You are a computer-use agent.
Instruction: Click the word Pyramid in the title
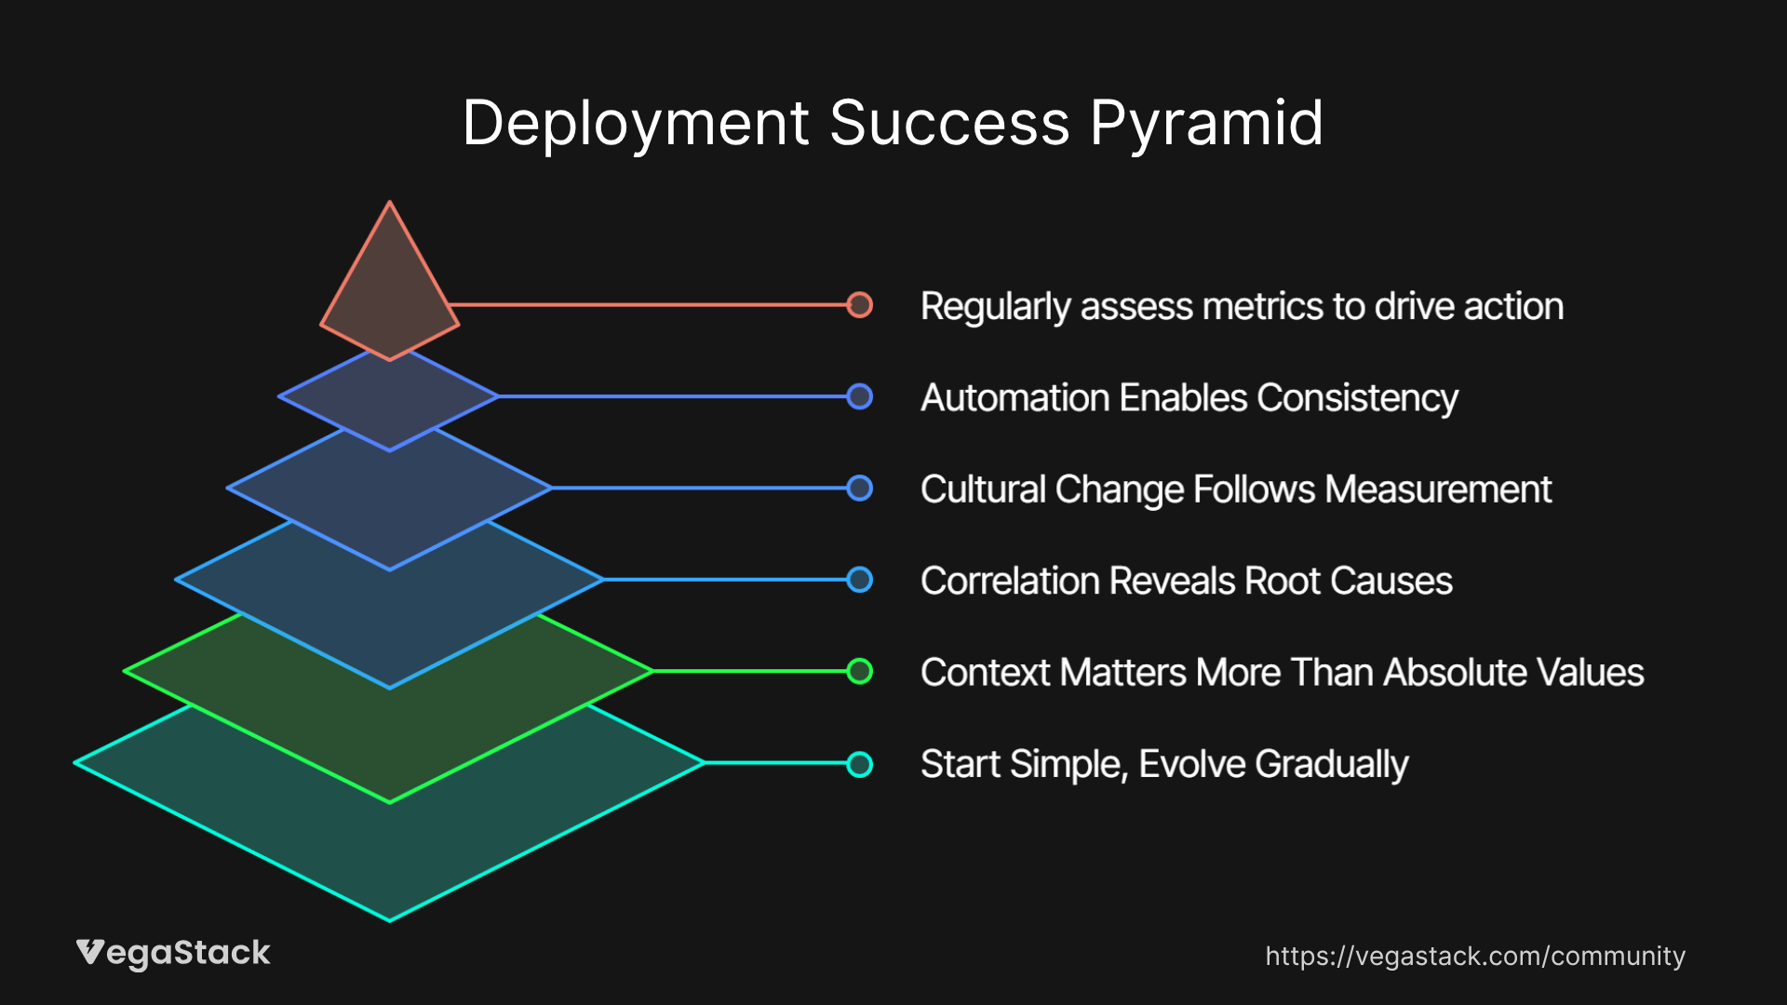coord(1206,124)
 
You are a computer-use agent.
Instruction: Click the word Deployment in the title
coord(635,124)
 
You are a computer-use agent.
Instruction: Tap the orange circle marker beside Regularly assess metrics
coord(860,304)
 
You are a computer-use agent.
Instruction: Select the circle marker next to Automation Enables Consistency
coord(860,396)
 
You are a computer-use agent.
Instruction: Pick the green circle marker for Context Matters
coord(860,671)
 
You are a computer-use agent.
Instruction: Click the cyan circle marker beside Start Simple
coord(860,764)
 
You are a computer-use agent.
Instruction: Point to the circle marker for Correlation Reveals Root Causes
coord(860,580)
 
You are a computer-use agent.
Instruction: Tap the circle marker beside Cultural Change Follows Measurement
coord(860,488)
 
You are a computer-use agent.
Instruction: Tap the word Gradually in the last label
coord(1332,765)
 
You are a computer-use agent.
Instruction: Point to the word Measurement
coord(1438,489)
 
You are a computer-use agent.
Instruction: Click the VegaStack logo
coord(173,954)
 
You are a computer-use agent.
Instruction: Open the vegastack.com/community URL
coord(1475,957)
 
